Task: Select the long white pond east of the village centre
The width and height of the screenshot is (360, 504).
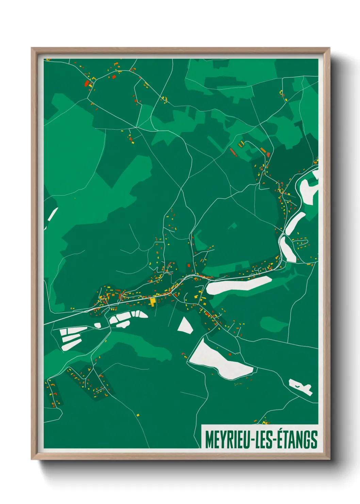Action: tap(238, 285)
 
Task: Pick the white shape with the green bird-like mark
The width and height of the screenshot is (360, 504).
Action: tap(300, 387)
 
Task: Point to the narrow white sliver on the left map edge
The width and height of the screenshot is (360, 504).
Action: tap(53, 214)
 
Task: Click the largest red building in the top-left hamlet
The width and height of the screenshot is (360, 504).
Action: tap(86, 83)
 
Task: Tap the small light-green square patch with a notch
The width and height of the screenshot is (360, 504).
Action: tap(233, 225)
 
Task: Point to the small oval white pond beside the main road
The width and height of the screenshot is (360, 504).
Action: tap(98, 326)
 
